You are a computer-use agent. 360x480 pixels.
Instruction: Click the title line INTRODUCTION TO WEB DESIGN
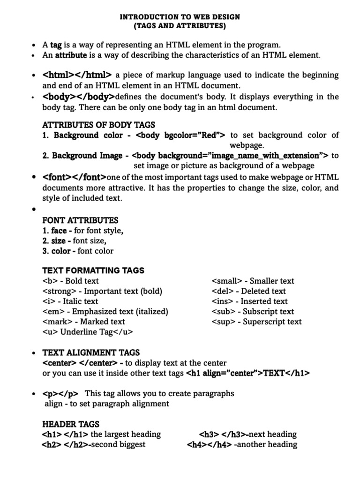[180, 17]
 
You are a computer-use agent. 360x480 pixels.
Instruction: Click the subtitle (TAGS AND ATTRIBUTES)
[180, 26]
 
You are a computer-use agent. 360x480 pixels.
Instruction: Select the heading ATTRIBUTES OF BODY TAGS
[98, 125]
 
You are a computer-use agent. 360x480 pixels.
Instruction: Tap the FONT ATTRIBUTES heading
[80, 220]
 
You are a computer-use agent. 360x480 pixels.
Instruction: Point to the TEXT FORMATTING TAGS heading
[93, 270]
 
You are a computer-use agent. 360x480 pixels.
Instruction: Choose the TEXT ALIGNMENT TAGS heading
[91, 352]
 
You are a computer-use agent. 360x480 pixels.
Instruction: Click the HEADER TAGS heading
[71, 424]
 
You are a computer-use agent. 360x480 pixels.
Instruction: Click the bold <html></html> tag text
[77, 75]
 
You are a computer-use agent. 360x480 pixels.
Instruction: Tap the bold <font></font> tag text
[75, 177]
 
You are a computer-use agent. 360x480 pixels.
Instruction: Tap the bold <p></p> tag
[60, 393]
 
